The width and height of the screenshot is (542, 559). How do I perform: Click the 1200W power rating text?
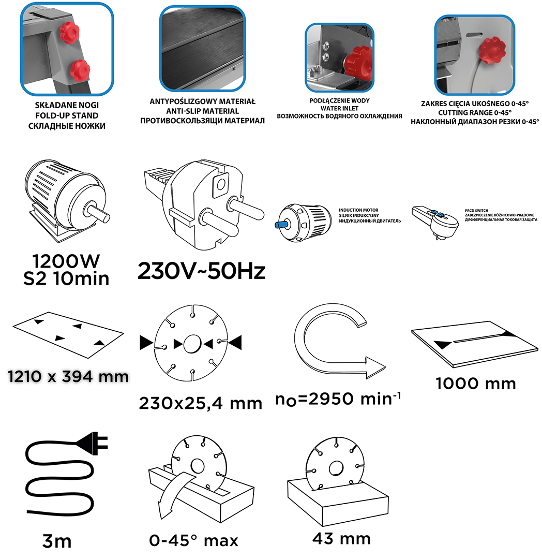coord(66,261)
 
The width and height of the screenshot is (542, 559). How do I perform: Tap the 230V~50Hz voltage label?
coord(202,271)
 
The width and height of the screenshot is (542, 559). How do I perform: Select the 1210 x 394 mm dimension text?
coord(68,376)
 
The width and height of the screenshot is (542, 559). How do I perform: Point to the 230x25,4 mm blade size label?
coord(201,403)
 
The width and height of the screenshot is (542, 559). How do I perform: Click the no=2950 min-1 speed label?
coord(338,399)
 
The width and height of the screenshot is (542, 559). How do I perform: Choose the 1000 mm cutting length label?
coord(476,384)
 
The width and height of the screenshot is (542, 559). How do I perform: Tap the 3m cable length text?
coord(56,541)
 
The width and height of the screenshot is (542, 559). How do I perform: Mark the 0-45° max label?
coord(193,540)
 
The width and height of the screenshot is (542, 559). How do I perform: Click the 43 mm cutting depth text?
coord(341,538)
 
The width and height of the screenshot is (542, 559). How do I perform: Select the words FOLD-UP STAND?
coord(67,115)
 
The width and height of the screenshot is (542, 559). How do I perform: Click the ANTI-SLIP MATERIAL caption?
coord(202,111)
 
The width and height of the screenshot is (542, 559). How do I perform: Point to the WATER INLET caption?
coord(339,108)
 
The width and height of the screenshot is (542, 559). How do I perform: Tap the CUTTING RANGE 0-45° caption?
coord(475,113)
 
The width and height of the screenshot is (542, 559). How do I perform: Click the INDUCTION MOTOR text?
coord(358,210)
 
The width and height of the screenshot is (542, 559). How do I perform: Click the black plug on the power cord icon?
coord(93,443)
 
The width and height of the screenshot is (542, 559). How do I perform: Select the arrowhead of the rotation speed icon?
coord(375,367)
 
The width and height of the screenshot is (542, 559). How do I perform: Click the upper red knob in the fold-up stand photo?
coord(70,32)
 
